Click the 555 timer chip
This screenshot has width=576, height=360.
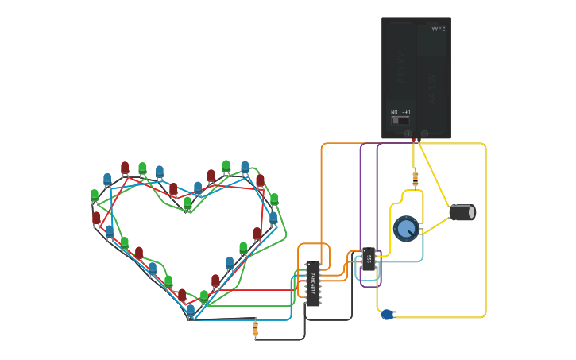[x=369, y=259]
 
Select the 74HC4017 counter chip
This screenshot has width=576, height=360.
[x=313, y=283]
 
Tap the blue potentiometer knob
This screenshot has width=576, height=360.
[x=406, y=229]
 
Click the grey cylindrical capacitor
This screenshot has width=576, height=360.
[x=462, y=212]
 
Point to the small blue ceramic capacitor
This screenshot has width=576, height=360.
[x=387, y=315]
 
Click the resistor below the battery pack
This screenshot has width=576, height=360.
[x=415, y=177]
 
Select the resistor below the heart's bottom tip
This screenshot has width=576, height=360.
[x=255, y=327]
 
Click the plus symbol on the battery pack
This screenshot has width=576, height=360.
[x=408, y=134]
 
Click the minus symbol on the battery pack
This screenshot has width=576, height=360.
[x=424, y=134]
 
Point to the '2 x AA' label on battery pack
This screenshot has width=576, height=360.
[x=438, y=29]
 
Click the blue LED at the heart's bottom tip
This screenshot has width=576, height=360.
[x=191, y=311]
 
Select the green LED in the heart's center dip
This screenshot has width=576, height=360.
[x=187, y=203]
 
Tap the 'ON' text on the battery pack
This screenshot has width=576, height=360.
[x=394, y=113]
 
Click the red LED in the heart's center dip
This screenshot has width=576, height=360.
[x=173, y=189]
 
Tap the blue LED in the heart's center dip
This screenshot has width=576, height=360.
[x=198, y=188]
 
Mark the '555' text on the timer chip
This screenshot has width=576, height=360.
[x=369, y=259]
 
